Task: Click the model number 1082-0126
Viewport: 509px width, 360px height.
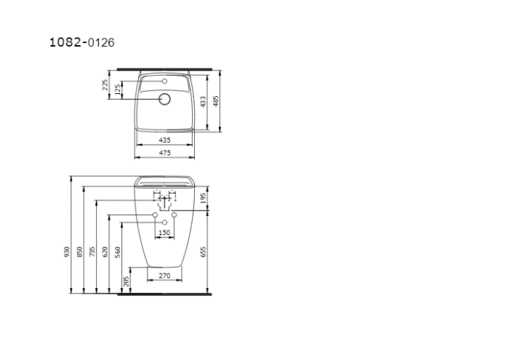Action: [x=81, y=42]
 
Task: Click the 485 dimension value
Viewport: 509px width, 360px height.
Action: [x=216, y=100]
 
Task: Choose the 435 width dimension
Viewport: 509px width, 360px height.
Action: [x=164, y=139]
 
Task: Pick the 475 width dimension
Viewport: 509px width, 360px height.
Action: [x=164, y=152]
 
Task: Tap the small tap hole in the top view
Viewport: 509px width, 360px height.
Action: [x=165, y=81]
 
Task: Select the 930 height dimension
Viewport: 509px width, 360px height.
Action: [x=66, y=252]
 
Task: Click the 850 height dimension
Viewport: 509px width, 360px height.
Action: [x=79, y=252]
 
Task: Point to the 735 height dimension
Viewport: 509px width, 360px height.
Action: [x=92, y=252]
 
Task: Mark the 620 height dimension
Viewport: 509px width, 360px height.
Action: [x=105, y=252]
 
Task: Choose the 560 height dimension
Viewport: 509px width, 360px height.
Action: [x=117, y=252]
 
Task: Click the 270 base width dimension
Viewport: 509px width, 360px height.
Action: [x=164, y=276]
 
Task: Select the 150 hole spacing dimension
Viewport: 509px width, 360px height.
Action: [x=164, y=233]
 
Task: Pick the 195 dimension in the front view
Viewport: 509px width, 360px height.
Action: [x=204, y=197]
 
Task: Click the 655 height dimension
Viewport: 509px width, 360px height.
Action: [x=204, y=252]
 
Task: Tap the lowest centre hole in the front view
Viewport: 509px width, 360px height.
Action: [x=164, y=221]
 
